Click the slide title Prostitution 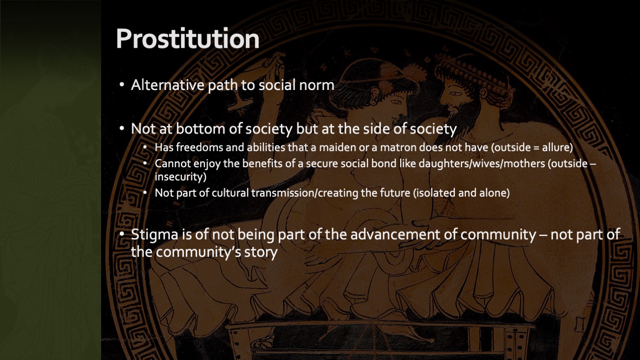pos(188,39)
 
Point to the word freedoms pos(199,147)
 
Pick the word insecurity pos(180,177)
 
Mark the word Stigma pos(154,235)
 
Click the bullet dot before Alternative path pos(122,85)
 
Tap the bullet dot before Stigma pos(122,234)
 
